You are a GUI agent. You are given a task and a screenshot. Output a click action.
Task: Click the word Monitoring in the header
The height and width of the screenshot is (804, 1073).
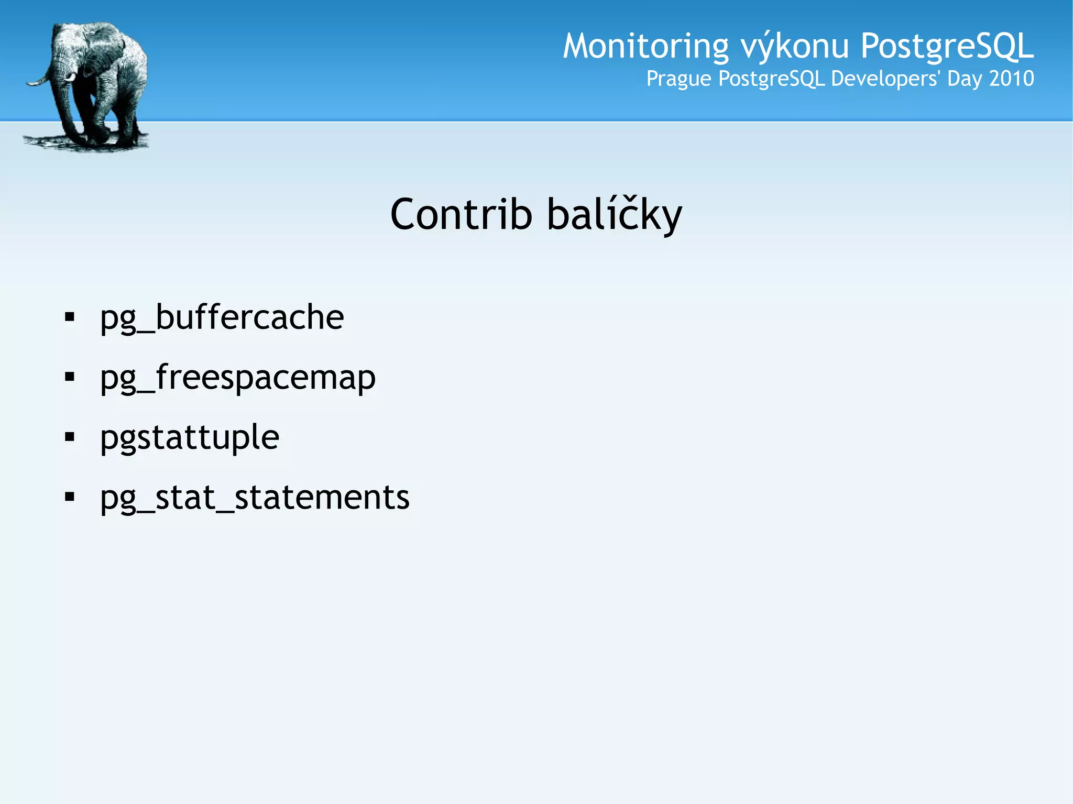645,46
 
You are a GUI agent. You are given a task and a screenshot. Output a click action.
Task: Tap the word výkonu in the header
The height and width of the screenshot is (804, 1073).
794,46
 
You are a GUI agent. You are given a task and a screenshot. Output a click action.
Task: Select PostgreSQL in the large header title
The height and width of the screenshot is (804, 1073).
947,46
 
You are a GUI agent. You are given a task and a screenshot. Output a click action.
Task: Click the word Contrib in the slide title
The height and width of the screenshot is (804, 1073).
461,215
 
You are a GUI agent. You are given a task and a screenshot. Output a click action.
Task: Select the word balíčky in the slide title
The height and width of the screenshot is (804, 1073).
615,215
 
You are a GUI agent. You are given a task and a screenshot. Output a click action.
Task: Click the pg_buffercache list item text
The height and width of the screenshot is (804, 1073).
222,317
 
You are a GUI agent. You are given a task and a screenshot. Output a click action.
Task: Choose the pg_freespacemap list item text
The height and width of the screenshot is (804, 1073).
237,377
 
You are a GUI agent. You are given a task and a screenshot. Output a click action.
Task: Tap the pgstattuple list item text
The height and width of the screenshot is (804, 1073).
190,437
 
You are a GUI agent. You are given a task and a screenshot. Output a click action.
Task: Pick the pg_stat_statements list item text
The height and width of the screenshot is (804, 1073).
255,497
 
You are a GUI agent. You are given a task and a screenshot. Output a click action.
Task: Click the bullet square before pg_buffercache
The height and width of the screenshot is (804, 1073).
70,317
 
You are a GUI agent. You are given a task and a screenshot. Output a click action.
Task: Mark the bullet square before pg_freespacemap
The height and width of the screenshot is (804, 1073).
70,377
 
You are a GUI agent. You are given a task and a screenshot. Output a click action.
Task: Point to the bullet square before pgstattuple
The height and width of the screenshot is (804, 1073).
70,436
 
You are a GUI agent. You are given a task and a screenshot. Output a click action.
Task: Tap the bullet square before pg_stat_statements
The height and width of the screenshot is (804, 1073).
70,497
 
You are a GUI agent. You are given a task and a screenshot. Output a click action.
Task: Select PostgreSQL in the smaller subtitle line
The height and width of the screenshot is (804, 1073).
772,79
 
